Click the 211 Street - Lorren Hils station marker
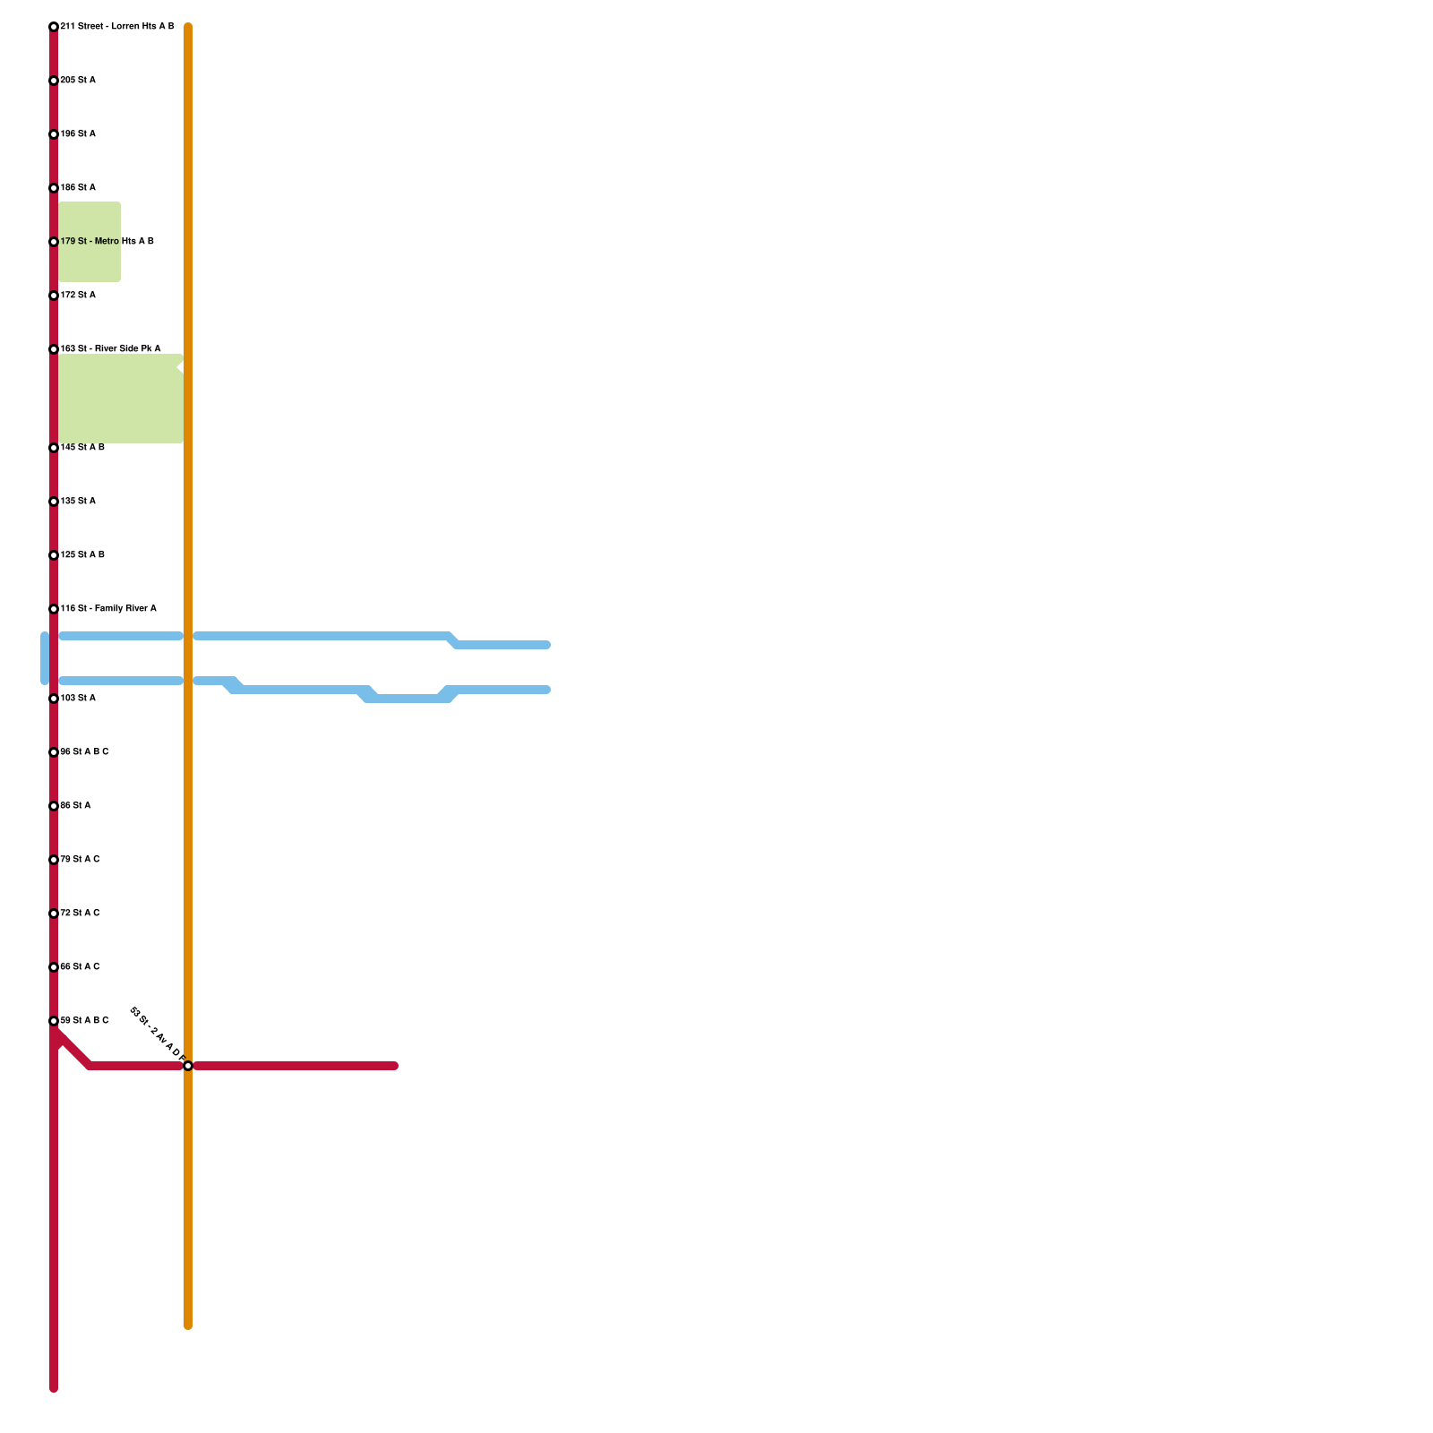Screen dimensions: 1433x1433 click(x=54, y=27)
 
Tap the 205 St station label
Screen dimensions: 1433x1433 click(x=78, y=81)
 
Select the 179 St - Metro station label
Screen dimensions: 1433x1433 click(x=107, y=242)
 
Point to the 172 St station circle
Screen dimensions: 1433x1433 click(x=54, y=296)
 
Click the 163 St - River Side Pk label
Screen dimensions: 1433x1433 click(x=110, y=349)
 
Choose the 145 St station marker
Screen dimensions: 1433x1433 click(x=54, y=448)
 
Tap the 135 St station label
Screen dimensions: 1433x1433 click(x=78, y=502)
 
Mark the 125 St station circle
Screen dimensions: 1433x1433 click(x=54, y=555)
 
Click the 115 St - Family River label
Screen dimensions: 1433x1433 click(x=108, y=609)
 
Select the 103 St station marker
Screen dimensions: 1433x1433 click(x=54, y=699)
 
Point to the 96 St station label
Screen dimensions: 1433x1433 click(x=84, y=752)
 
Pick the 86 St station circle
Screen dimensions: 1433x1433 click(x=54, y=806)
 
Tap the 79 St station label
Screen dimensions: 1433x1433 click(x=80, y=860)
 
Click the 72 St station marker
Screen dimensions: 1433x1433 click(x=54, y=914)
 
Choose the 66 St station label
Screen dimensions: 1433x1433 click(x=80, y=967)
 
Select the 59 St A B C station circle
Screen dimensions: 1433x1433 click(x=54, y=1021)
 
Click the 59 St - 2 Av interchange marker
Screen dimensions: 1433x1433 click(x=188, y=1066)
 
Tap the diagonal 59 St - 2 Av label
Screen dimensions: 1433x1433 click(x=157, y=1035)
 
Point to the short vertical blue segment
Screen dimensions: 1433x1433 click(x=45, y=658)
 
